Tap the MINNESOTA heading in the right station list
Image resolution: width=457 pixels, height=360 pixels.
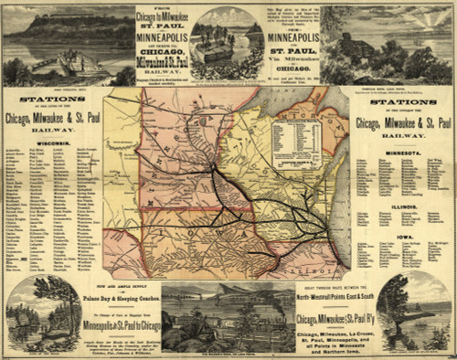pos(403,153)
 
